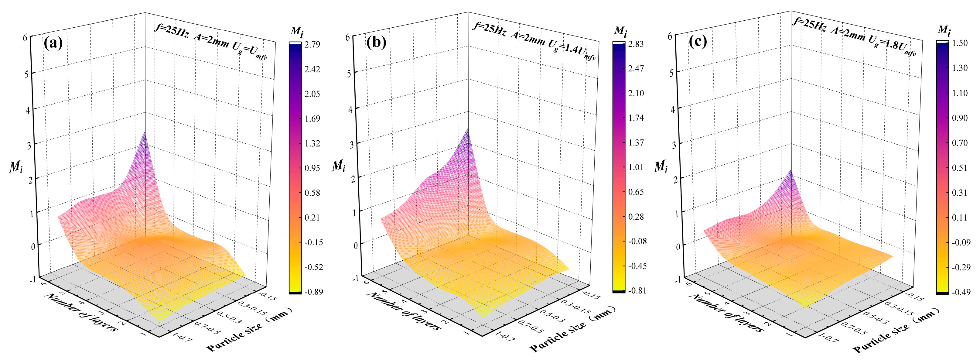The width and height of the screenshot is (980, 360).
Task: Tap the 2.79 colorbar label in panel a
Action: [x=312, y=45]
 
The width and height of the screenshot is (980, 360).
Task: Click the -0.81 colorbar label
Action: [x=637, y=291]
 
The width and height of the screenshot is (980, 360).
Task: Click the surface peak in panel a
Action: [x=145, y=133]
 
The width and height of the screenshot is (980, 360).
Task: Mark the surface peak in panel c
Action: [x=790, y=171]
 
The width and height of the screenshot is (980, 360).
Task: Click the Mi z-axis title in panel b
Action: [x=339, y=166]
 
